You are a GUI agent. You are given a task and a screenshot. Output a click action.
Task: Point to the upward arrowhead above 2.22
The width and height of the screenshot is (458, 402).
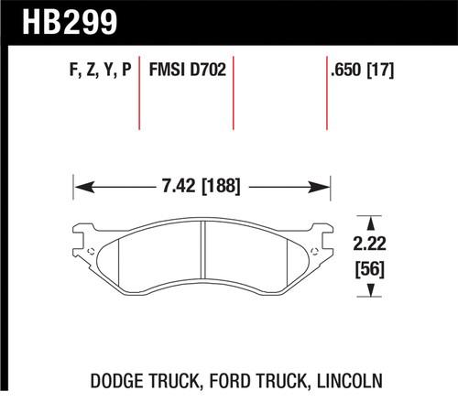click(372, 221)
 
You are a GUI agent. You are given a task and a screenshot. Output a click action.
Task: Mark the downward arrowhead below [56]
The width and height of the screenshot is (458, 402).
click(372, 290)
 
